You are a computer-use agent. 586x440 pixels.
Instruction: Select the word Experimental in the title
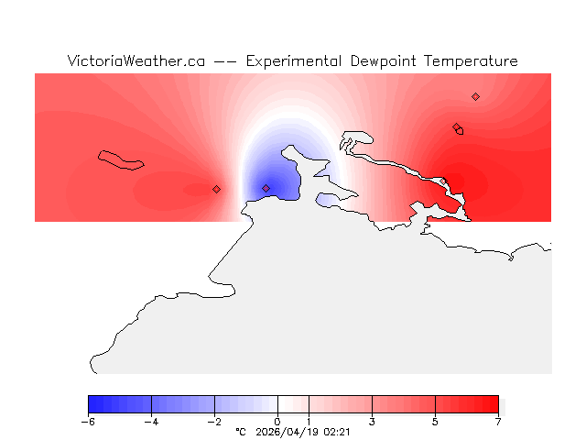[x=294, y=61]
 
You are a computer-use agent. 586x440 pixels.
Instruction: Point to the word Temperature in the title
[x=472, y=61]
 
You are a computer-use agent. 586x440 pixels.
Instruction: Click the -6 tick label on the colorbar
[x=88, y=422]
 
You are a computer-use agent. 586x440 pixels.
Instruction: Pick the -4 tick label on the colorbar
[x=151, y=422]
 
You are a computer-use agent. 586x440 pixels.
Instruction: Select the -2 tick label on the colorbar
[x=214, y=422]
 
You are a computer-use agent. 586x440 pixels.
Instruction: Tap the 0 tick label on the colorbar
[x=277, y=422]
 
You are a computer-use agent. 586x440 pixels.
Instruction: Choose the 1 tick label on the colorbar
[x=309, y=422]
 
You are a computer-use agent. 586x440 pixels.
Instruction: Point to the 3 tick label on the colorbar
[x=372, y=422]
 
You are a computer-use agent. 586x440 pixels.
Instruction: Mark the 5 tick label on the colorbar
[x=435, y=422]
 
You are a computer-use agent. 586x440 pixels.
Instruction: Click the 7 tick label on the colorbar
[x=498, y=422]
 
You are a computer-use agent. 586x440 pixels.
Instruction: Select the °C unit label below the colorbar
[x=241, y=431]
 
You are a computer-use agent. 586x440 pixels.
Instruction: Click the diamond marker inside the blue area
[x=266, y=188]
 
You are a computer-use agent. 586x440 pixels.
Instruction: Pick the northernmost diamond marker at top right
[x=475, y=96]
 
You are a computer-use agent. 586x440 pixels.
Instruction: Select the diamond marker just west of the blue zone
[x=216, y=189]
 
